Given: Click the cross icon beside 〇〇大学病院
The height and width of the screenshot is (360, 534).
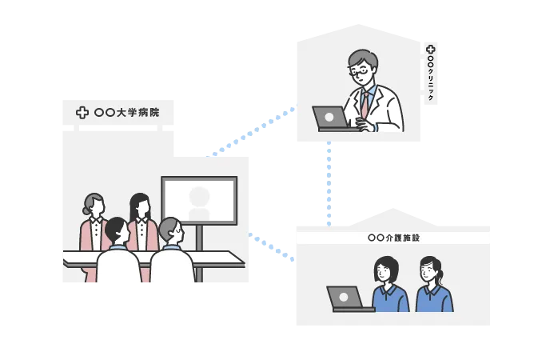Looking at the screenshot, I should click(x=82, y=113).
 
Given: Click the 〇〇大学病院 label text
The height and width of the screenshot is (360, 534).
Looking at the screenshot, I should click(x=126, y=113).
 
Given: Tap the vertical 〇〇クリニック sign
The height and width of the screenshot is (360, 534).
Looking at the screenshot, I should click(x=431, y=74).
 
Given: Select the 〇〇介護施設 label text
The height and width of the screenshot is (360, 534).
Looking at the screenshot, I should click(x=393, y=238).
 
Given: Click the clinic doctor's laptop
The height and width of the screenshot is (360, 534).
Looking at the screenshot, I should click(x=331, y=118).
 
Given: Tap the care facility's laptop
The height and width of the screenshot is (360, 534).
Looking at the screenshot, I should click(x=345, y=298).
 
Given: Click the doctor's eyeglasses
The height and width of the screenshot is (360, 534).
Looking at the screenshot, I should click(x=361, y=71).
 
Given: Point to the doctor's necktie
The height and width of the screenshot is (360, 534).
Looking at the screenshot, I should click(x=365, y=102).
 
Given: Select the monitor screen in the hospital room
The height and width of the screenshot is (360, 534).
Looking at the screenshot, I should click(x=199, y=200).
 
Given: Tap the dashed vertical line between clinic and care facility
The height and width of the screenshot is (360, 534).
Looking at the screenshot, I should click(x=329, y=184).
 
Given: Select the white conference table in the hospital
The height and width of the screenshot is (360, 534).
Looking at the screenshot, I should click(x=152, y=258).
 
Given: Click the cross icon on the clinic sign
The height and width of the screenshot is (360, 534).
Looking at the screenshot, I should click(x=431, y=50).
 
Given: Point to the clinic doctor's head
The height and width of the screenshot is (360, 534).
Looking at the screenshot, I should click(x=363, y=66).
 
